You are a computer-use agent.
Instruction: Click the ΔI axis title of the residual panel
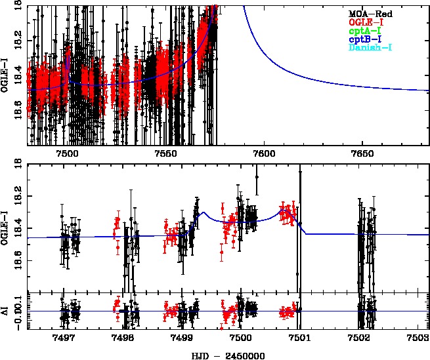click(x=5, y=311)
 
